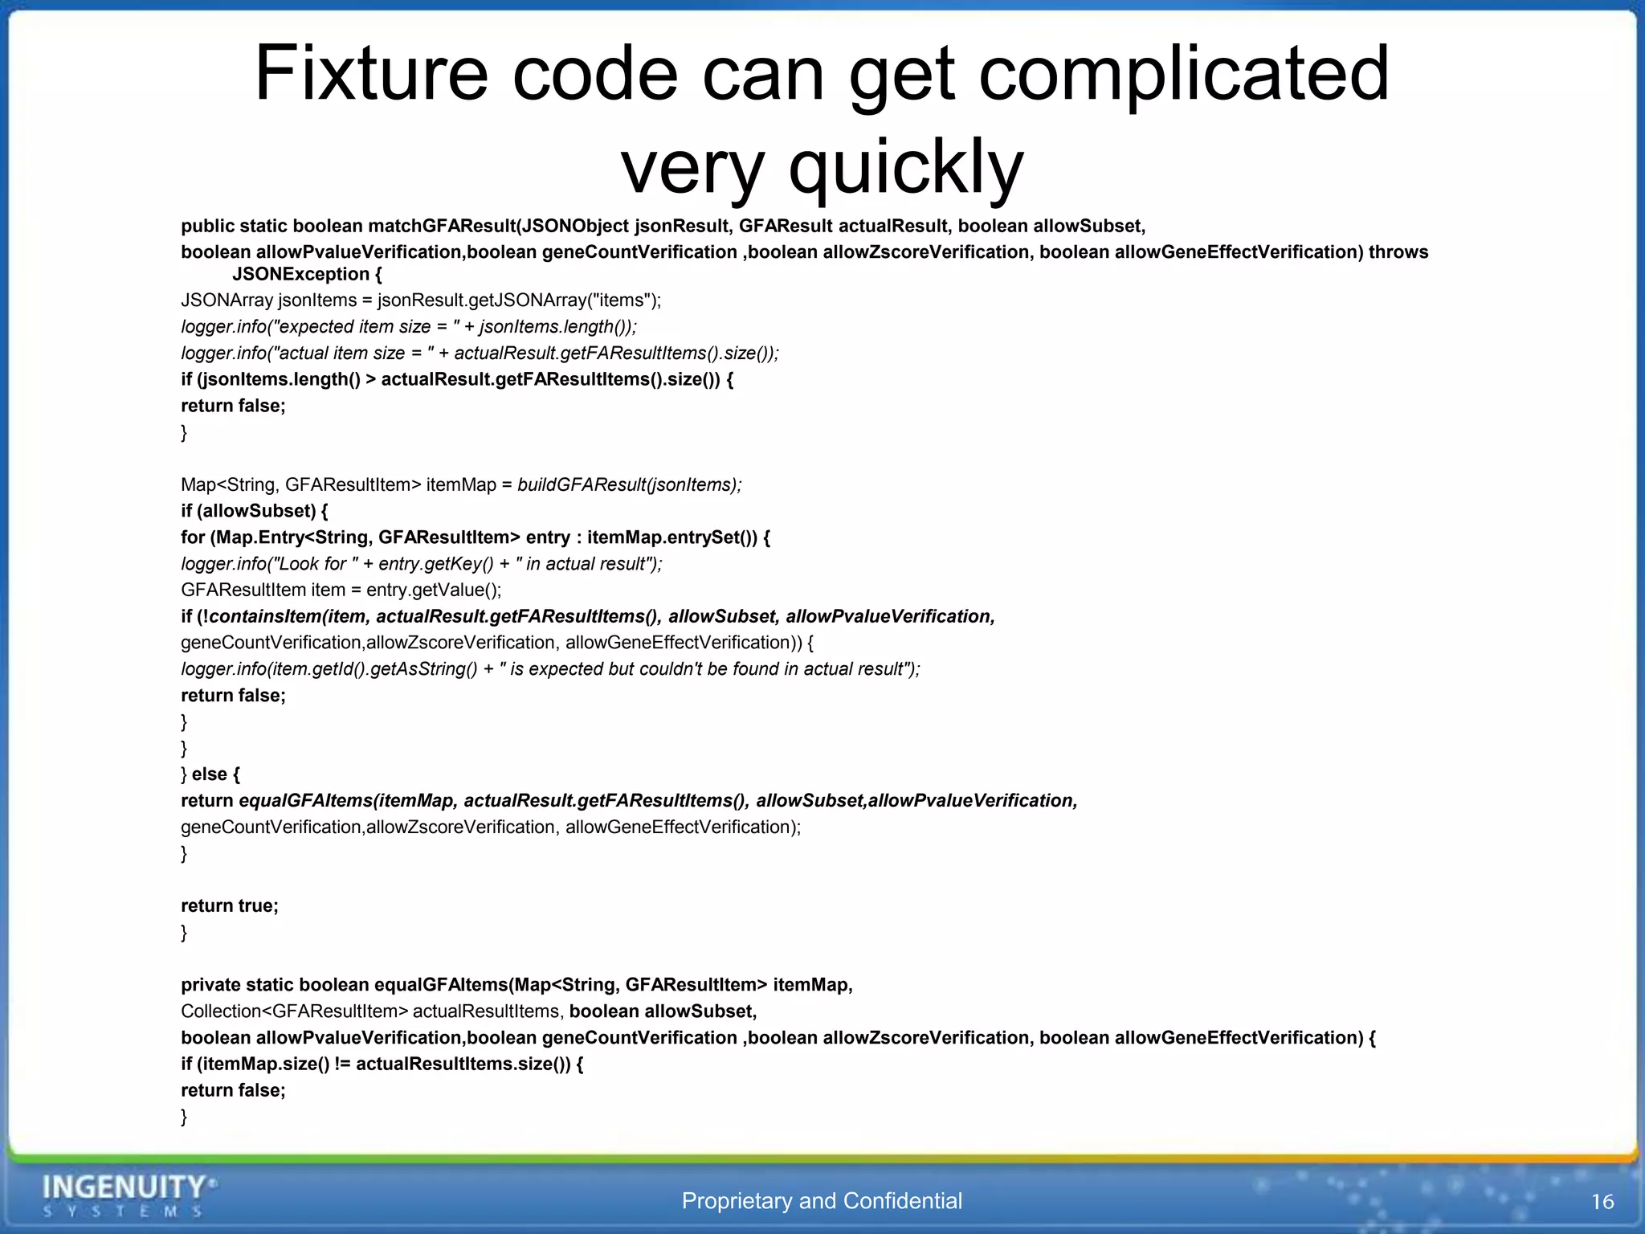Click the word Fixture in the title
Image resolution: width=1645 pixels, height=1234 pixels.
[371, 74]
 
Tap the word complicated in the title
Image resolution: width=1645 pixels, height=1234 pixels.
[1184, 74]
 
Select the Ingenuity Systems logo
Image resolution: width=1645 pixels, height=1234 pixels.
[129, 1195]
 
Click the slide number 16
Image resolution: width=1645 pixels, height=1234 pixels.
[1602, 1202]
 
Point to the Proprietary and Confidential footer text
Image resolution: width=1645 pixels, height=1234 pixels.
[822, 1201]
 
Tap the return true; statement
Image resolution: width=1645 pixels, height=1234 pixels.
[230, 905]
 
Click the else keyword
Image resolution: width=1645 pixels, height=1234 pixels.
[210, 774]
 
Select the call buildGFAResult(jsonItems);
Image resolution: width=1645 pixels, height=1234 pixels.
[630, 484]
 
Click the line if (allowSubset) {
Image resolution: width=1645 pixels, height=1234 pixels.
[255, 511]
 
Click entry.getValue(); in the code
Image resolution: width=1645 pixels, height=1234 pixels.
[434, 590]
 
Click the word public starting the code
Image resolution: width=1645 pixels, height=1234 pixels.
[207, 226]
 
